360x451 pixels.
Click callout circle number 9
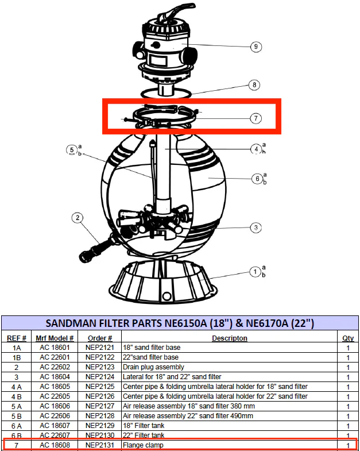tap(256, 47)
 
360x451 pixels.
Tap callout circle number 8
tap(254, 85)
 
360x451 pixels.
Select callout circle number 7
tap(256, 118)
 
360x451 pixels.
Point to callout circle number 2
tap(78, 218)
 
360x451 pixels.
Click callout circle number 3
tap(256, 228)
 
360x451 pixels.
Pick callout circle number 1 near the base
tap(255, 272)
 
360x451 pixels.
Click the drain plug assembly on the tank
tap(96, 248)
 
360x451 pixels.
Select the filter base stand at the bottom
tap(163, 282)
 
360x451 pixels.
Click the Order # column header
tap(100, 338)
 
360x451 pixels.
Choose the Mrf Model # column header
tap(55, 338)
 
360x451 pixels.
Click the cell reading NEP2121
tap(100, 348)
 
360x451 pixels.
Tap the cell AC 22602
tap(55, 367)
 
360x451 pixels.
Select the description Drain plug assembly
tap(153, 367)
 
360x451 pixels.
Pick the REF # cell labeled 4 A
tap(17, 387)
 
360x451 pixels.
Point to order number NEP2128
tap(100, 416)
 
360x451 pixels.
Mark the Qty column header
tap(348, 338)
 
